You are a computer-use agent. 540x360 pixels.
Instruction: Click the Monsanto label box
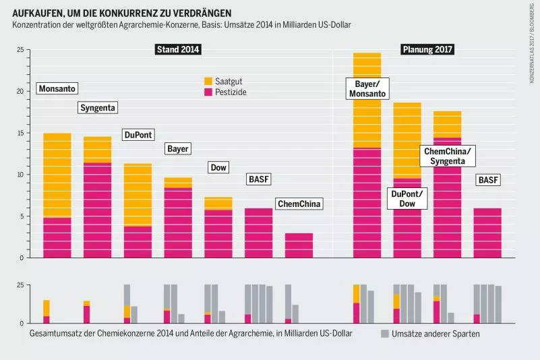coord(57,89)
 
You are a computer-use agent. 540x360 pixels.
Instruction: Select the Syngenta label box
coord(98,108)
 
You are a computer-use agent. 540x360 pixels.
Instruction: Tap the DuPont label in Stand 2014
coord(138,135)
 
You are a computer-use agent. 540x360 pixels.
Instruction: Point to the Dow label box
coord(218,167)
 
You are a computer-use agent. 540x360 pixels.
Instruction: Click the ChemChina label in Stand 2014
coord(299,204)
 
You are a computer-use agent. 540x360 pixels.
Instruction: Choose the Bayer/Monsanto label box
coord(367,88)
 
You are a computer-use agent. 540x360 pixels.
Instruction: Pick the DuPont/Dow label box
coord(407,198)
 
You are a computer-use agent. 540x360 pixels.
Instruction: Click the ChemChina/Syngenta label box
coord(448,156)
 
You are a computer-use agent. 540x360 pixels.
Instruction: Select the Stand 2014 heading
coord(178,49)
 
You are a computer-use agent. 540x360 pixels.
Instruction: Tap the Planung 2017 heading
coord(427,49)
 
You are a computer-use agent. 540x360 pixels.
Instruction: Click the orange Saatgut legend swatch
coord(208,80)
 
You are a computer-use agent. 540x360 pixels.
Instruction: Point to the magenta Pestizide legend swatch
coord(208,91)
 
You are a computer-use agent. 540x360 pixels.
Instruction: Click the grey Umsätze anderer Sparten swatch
coord(384,334)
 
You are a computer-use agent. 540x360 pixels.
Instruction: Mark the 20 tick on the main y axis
coord(20,91)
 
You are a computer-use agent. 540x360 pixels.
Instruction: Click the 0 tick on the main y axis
coord(22,258)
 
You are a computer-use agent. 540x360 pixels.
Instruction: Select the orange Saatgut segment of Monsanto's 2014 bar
coord(57,175)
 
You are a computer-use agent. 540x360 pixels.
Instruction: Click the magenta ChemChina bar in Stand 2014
coord(299,245)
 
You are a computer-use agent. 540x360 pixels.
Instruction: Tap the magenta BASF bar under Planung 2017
coord(488,233)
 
